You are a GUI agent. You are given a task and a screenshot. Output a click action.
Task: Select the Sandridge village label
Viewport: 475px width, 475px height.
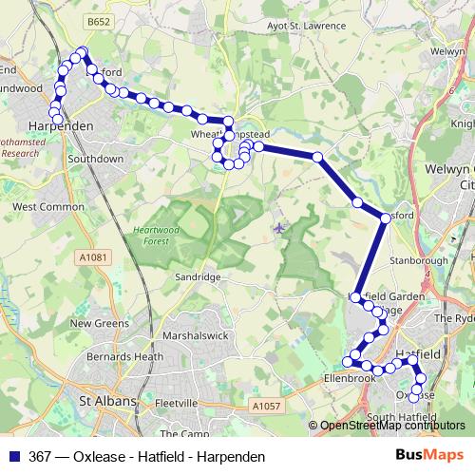199,276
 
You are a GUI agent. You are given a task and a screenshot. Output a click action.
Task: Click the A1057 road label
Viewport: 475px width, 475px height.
267,406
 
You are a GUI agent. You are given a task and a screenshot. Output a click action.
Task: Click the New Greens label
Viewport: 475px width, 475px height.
99,323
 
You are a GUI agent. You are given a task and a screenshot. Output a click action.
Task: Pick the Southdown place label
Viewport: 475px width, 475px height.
96,159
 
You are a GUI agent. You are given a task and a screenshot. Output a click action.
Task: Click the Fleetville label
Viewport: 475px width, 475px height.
175,403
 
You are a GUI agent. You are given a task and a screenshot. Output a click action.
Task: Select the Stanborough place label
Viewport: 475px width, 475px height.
418,259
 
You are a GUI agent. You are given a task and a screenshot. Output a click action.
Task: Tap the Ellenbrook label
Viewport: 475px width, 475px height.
351,377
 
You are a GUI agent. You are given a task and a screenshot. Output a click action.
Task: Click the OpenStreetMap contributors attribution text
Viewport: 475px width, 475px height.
392,426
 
